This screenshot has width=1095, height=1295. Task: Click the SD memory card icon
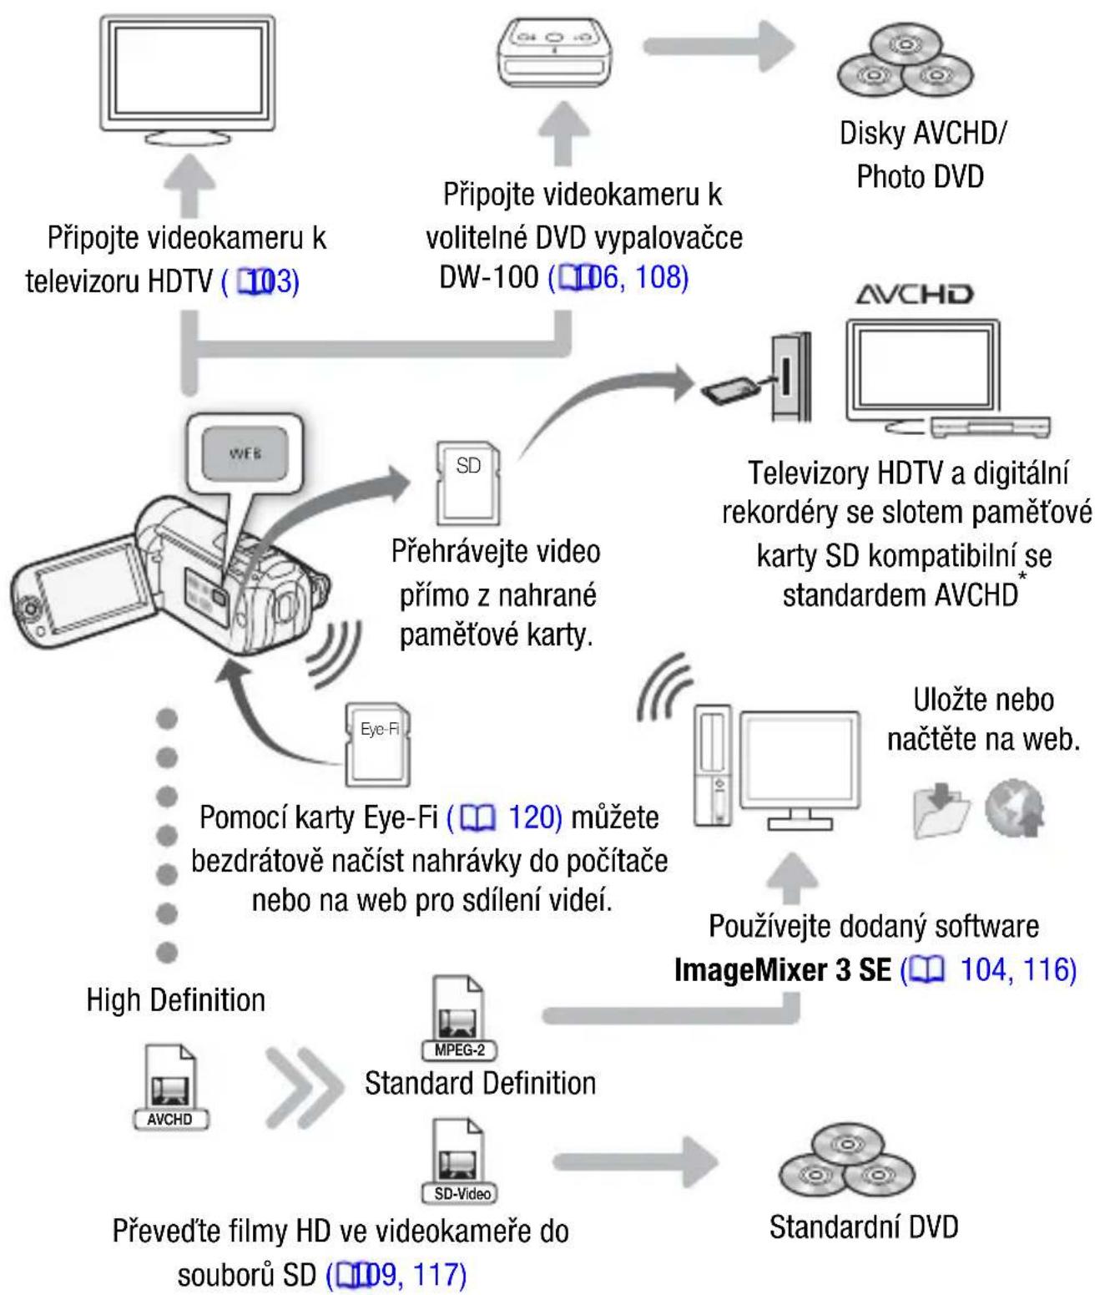468,483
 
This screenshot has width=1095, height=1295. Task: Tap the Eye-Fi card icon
378,744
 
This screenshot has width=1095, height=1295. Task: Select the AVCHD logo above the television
914,295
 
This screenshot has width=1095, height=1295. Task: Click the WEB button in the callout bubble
245,453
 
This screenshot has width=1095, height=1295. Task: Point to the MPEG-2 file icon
459,1018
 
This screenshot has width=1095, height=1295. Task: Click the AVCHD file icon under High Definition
170,1088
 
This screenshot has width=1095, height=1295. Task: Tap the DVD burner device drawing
554,53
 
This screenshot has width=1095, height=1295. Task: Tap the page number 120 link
534,817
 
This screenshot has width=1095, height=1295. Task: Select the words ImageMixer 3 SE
782,970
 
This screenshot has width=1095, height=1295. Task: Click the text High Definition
176,1000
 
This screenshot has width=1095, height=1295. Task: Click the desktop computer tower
713,766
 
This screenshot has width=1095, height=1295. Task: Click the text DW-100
488,277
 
